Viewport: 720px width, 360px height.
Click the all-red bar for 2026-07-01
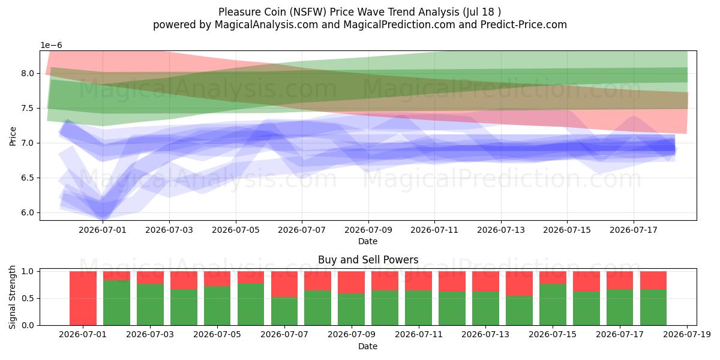click(83, 298)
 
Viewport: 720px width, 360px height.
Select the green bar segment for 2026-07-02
click(116, 303)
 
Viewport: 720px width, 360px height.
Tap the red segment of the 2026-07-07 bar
click(284, 284)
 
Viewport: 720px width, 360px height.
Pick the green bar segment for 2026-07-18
click(653, 307)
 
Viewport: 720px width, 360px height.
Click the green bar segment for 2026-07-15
click(553, 304)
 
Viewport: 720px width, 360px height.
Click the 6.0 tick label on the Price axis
click(28, 212)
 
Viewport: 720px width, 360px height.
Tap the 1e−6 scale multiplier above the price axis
click(51, 46)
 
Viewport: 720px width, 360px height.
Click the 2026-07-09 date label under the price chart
click(368, 230)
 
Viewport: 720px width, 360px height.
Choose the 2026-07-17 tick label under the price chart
click(634, 230)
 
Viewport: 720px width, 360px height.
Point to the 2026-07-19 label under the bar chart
click(687, 335)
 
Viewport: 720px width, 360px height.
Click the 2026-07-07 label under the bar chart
click(284, 335)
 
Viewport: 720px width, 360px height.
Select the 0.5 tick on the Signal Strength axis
click(28, 298)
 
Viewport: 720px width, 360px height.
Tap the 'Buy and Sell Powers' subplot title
click(368, 260)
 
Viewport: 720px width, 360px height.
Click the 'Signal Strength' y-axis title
click(12, 298)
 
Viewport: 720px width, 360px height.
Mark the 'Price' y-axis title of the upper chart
click(13, 136)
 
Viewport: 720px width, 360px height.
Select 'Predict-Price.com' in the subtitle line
click(524, 25)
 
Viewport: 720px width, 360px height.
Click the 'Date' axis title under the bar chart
click(368, 347)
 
